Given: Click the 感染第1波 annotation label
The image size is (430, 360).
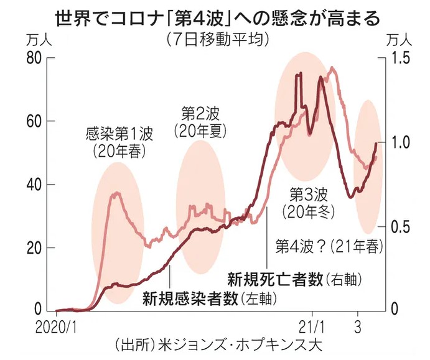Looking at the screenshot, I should click(x=118, y=134).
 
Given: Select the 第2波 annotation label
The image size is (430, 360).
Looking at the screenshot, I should click(x=200, y=114).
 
